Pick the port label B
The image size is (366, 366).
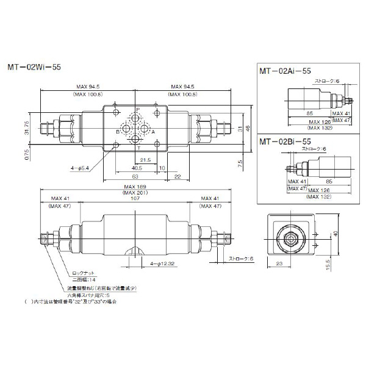point(118,131)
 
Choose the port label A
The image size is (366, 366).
point(152,131)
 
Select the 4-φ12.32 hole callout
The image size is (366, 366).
point(163,263)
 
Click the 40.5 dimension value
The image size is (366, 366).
point(137,168)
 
